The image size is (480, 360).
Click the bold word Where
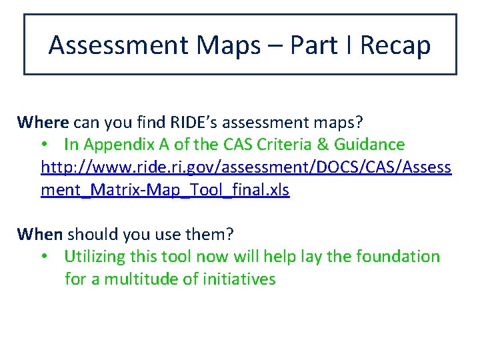[43, 122]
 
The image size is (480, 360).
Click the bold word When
[40, 234]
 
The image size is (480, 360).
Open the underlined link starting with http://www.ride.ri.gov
[246, 167]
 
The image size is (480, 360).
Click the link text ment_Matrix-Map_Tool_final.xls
[165, 190]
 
